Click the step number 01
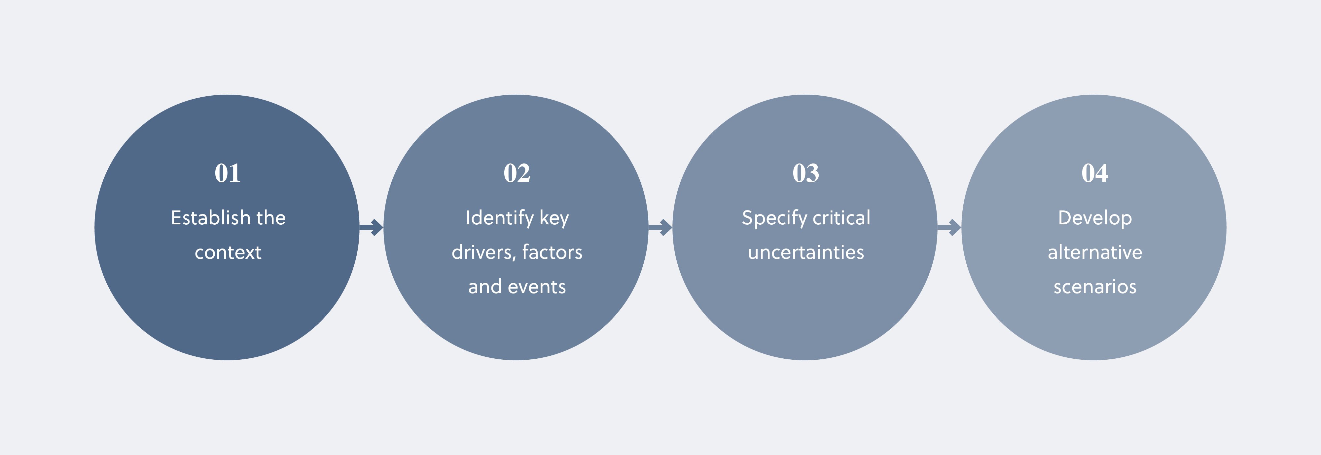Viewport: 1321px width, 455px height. point(227,173)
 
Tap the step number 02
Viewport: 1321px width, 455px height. point(517,173)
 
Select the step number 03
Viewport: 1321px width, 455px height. point(805,173)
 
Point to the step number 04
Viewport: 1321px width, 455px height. point(1095,173)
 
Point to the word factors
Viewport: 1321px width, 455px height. point(552,252)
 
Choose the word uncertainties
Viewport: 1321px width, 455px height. point(805,252)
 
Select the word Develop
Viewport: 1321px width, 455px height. point(1095,218)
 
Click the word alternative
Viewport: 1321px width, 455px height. point(1095,252)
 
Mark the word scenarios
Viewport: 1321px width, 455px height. point(1095,287)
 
